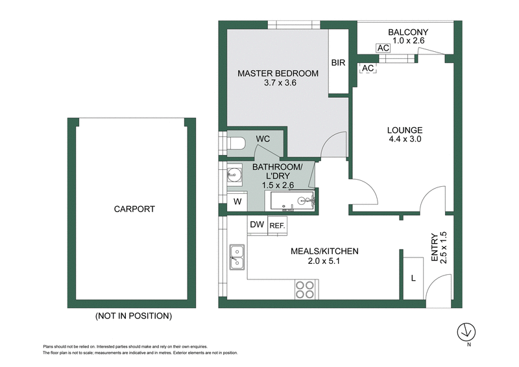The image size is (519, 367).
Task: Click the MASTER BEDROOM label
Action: (278, 73)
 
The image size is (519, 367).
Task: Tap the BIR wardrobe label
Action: (338, 63)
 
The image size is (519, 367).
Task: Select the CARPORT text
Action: (134, 209)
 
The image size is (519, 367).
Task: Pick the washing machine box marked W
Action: (237, 202)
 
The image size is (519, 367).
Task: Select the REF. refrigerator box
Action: (278, 225)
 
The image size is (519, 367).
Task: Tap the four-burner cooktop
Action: (305, 289)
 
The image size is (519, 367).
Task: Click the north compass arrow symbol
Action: (465, 332)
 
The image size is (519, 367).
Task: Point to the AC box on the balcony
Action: (383, 48)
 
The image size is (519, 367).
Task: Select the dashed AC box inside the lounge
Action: (368, 68)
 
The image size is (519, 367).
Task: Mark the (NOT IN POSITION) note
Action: (133, 316)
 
